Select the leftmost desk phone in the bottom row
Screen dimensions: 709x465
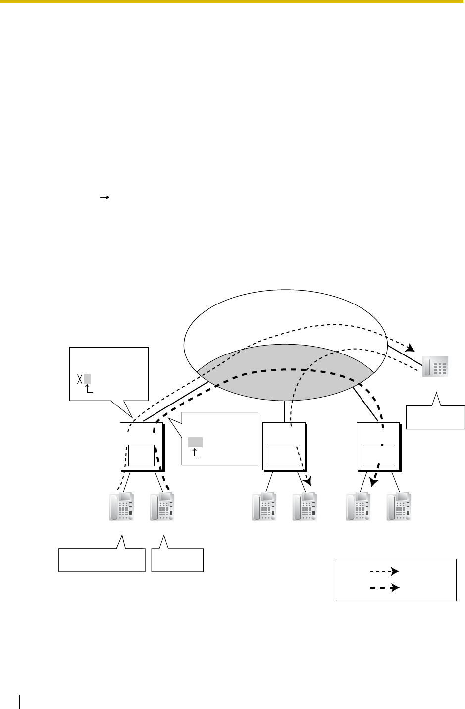(122, 506)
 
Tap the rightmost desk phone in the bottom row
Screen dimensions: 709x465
(399, 506)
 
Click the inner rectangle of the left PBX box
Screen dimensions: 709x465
(141, 455)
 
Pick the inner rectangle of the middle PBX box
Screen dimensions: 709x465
(284, 455)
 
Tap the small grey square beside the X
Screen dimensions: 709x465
(87, 379)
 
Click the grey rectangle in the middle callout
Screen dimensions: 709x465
(195, 442)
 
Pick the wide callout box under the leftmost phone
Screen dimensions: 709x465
(102, 560)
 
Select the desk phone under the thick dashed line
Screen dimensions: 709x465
(162, 506)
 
